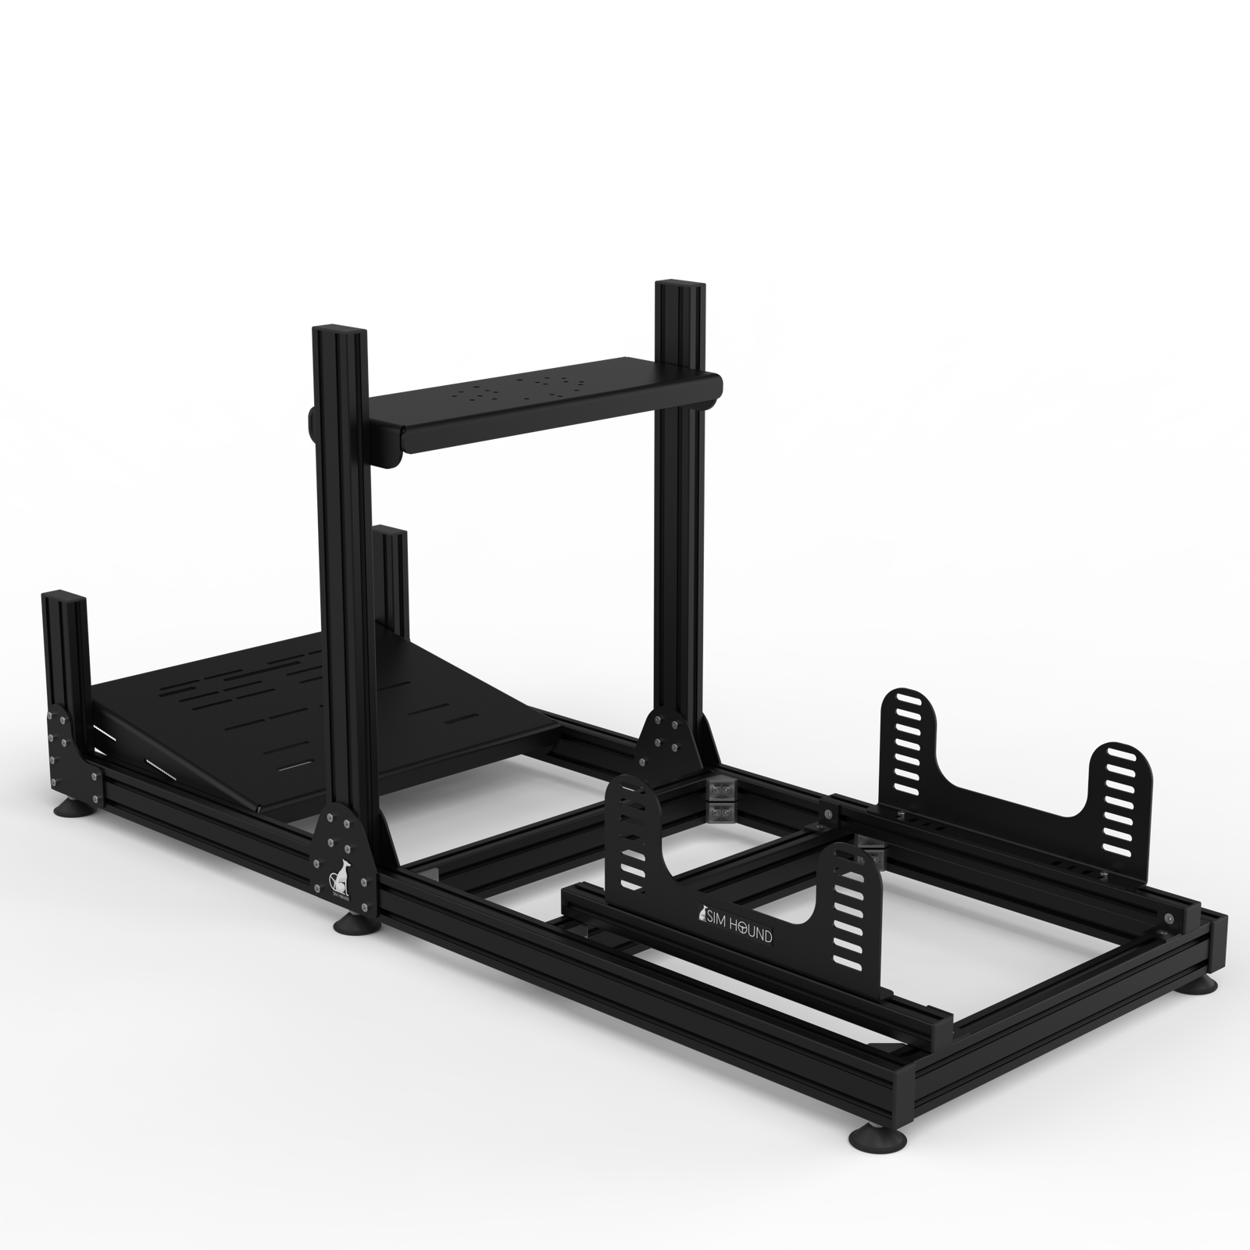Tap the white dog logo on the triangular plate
coord(339,879)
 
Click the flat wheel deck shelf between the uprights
coord(547,398)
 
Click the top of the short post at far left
coord(60,602)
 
